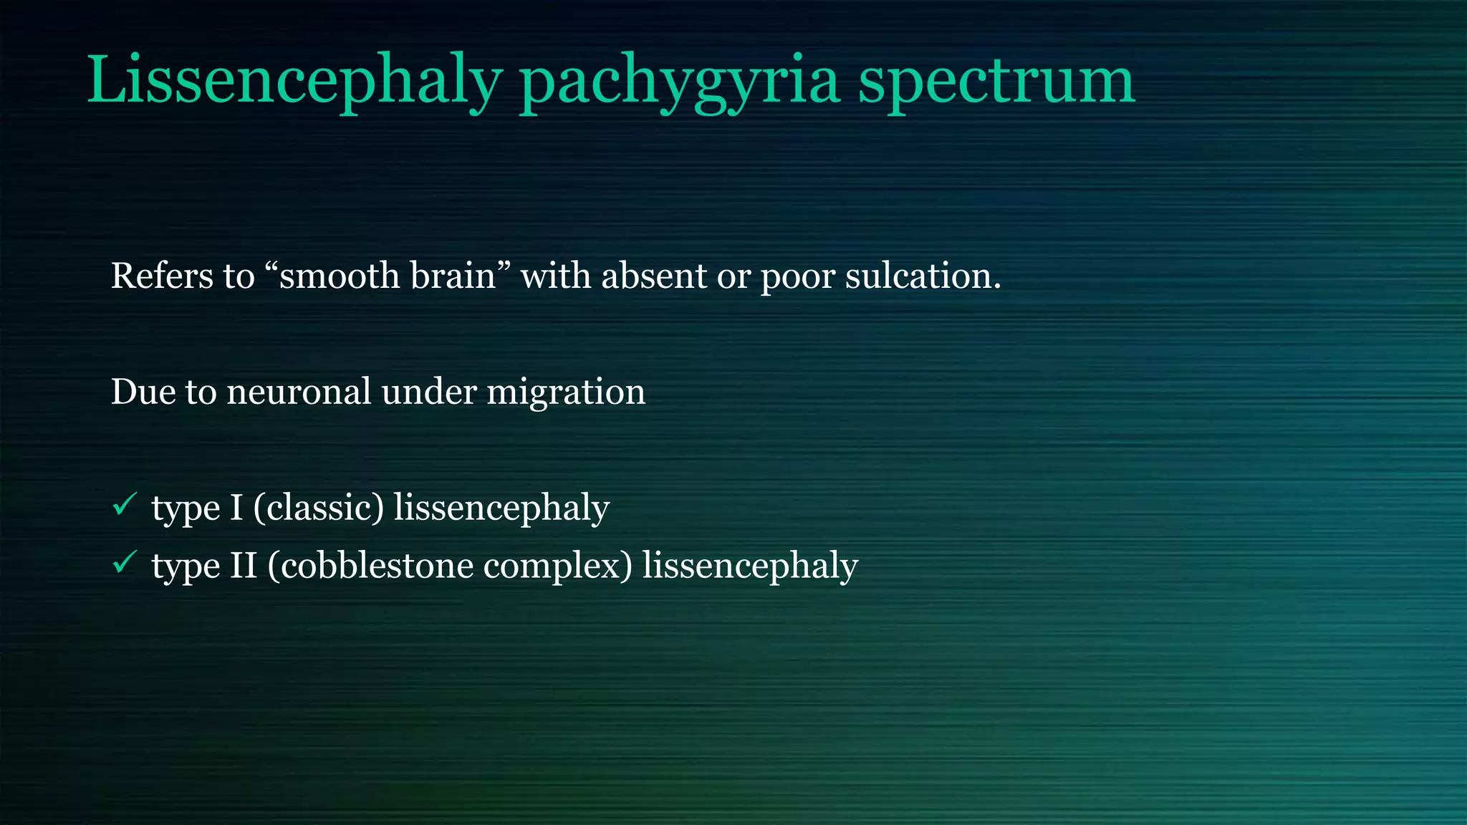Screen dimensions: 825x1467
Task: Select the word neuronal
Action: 299,392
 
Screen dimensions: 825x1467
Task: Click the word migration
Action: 566,392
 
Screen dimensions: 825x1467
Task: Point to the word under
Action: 429,392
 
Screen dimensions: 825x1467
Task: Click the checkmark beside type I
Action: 125,505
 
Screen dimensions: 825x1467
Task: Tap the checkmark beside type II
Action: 125,562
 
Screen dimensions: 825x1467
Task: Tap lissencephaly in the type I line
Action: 501,508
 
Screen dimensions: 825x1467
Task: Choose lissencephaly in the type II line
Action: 750,566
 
